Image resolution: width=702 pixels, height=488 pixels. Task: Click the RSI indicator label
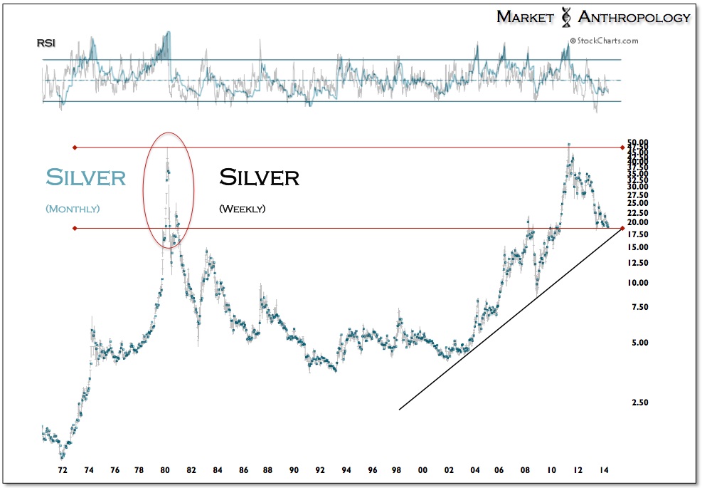(46, 43)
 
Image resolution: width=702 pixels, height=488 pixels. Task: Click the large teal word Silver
(85, 177)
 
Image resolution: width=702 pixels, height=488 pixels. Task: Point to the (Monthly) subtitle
(73, 209)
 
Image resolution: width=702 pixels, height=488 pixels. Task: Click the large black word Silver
(259, 177)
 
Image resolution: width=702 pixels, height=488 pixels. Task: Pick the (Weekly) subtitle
(242, 209)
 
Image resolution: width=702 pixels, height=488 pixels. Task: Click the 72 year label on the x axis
(63, 471)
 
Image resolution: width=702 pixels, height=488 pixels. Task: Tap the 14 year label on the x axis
(603, 471)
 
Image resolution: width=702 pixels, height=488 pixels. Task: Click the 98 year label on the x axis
(398, 471)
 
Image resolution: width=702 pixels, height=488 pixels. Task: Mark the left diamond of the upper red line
(74, 147)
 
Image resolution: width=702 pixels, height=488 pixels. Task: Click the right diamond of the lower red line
(623, 228)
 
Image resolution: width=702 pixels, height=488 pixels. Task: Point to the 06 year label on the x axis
(501, 471)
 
